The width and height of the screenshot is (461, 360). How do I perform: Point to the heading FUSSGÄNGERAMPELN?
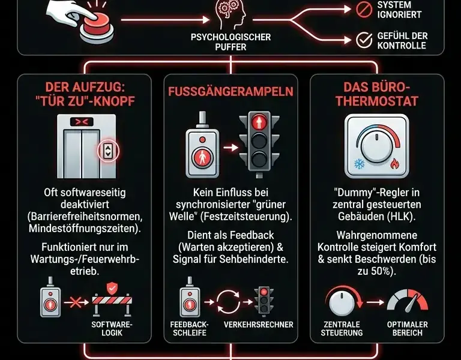[230, 92]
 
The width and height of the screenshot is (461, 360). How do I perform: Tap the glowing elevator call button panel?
[108, 151]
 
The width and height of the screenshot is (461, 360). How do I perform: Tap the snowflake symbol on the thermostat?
[360, 164]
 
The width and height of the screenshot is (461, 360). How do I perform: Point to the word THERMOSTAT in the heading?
[377, 100]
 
